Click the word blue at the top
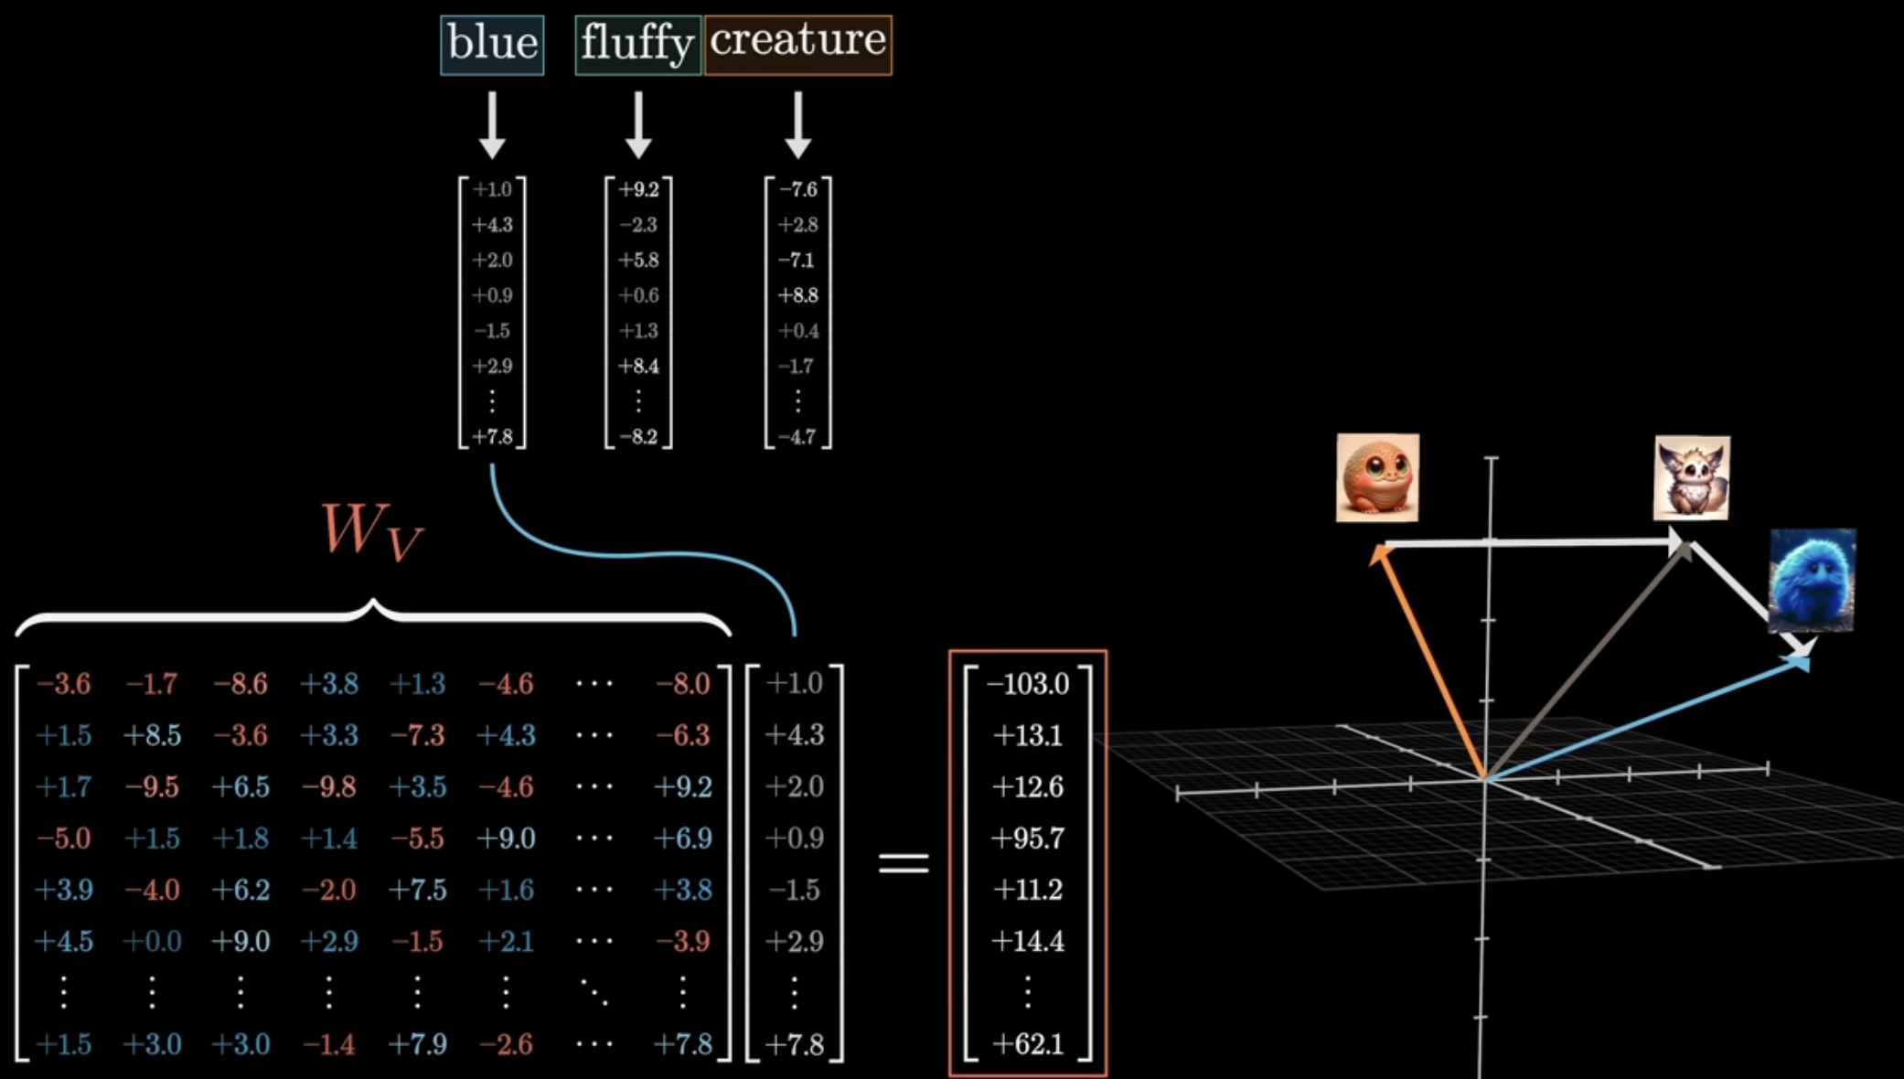click(492, 44)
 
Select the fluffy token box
click(637, 44)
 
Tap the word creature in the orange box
click(797, 41)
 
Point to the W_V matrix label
click(371, 531)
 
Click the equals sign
click(904, 862)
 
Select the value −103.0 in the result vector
click(1027, 684)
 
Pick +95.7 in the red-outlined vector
click(1027, 839)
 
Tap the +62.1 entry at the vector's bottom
click(1027, 1044)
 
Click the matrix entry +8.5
click(152, 735)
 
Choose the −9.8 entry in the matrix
click(329, 786)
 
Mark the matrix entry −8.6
click(241, 684)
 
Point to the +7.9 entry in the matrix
click(418, 1044)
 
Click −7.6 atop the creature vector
click(798, 189)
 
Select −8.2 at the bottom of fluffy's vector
click(638, 437)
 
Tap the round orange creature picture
click(1377, 477)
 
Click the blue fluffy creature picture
click(1812, 580)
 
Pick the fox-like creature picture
click(1692, 477)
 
